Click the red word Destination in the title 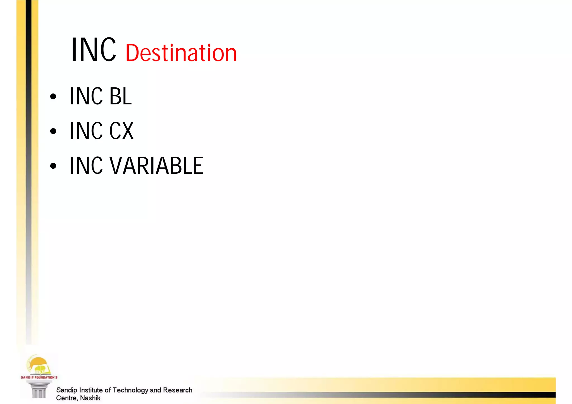[x=181, y=53]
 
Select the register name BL [x=120, y=96]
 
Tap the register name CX [x=121, y=131]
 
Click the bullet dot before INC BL [x=53, y=97]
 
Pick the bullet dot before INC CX [x=53, y=131]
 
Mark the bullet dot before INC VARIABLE [x=53, y=166]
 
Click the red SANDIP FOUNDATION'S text [x=39, y=377]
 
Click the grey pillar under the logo [x=39, y=389]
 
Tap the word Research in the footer [x=178, y=390]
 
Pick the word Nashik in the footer [x=90, y=398]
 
